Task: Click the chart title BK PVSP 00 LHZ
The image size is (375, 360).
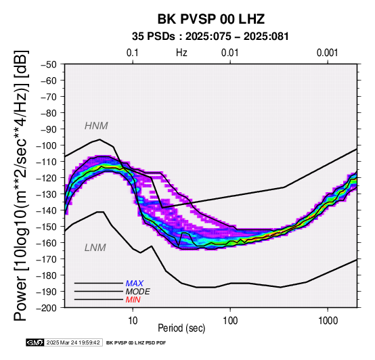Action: [x=211, y=19]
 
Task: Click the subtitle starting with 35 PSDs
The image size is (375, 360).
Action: [x=211, y=37]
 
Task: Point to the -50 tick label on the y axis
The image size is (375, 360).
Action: [x=48, y=64]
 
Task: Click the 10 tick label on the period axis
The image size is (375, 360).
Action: [x=133, y=321]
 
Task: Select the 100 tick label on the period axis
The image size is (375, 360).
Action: [x=230, y=321]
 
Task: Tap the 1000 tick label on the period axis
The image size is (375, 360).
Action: [x=328, y=321]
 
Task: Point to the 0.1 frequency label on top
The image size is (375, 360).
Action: [x=133, y=53]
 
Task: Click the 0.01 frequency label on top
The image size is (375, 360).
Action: [x=230, y=53]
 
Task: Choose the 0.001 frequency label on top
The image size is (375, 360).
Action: [x=327, y=53]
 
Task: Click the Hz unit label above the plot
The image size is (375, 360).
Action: [x=181, y=53]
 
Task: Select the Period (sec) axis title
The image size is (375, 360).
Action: [x=181, y=328]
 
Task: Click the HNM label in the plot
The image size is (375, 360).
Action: [x=96, y=126]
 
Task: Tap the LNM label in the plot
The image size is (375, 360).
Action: [x=95, y=248]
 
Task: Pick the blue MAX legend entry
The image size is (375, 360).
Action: [x=135, y=284]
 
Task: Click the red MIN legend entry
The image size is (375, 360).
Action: [x=133, y=300]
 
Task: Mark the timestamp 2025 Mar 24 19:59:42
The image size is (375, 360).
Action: [x=73, y=342]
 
